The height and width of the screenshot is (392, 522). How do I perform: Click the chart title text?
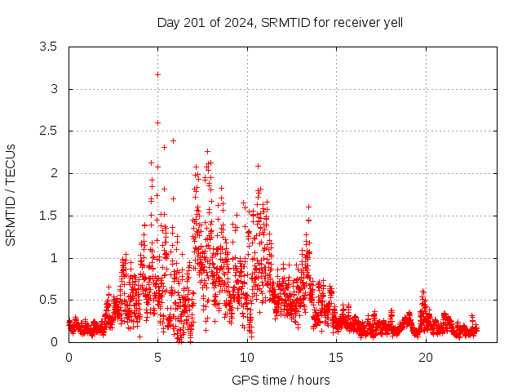click(280, 22)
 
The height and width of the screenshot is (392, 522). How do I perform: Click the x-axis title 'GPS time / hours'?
click(281, 380)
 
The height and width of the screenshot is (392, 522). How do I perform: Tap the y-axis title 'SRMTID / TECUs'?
click(11, 194)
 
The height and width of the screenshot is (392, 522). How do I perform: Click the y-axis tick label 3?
click(53, 89)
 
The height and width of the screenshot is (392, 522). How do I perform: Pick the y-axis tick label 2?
click(53, 173)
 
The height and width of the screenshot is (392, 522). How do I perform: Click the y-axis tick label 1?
click(53, 258)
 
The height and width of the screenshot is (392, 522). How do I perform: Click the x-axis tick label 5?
click(158, 357)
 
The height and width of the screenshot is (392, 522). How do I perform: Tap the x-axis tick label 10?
click(247, 357)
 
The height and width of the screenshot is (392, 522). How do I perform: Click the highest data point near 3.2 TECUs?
click(157, 74)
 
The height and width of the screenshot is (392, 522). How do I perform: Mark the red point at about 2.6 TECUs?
click(157, 122)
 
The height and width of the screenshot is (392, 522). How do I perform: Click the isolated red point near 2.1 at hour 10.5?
click(258, 166)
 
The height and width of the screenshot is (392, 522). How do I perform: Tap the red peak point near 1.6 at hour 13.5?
click(308, 207)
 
